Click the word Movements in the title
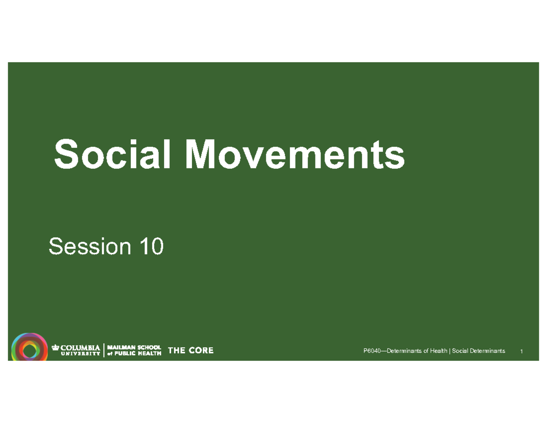tap(295, 154)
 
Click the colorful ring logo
tap(29, 350)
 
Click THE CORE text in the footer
tap(191, 350)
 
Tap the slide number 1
tap(521, 351)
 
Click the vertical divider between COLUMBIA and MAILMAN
tap(105, 350)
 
